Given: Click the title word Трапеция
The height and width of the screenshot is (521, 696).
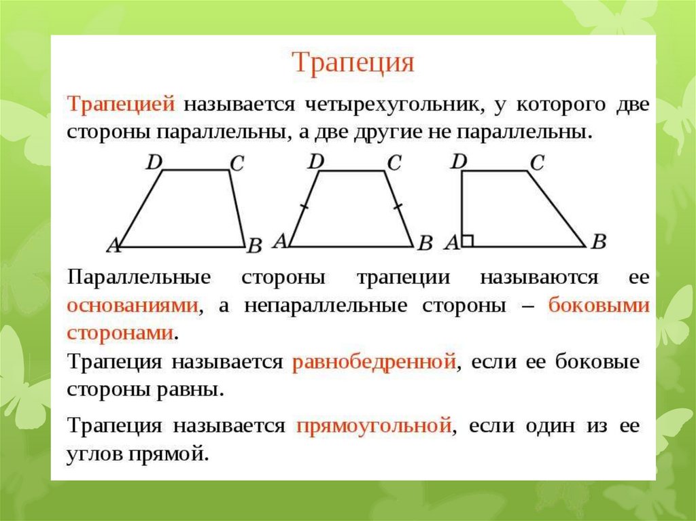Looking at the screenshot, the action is tap(353, 63).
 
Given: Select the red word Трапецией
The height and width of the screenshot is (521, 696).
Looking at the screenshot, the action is tap(121, 105).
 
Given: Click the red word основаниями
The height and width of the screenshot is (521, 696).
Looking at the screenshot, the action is tap(133, 305).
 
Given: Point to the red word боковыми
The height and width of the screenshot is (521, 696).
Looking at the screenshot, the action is tap(599, 305).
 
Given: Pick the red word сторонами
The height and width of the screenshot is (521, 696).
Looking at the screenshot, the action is tap(120, 333).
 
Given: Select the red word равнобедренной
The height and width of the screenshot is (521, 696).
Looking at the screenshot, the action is tap(375, 361).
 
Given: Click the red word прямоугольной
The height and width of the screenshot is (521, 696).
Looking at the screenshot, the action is tap(374, 426).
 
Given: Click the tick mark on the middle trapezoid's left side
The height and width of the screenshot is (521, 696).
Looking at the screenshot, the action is tap(304, 206).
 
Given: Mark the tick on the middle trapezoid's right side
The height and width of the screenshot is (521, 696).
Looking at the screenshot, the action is tap(398, 205).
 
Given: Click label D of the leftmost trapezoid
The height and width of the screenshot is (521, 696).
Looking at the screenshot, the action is tap(154, 162).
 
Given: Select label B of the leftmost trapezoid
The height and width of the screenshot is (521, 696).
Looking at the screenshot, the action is tap(255, 245).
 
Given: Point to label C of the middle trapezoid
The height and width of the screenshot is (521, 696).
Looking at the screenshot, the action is tap(394, 163).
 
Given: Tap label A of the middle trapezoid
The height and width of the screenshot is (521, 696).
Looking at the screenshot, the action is tap(281, 241).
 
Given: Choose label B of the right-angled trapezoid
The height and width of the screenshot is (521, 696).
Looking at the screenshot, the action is tap(598, 241).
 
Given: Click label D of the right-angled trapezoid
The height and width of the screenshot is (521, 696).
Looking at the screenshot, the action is tap(459, 162).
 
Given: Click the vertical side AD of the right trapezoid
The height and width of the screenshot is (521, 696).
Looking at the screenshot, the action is tap(462, 209).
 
